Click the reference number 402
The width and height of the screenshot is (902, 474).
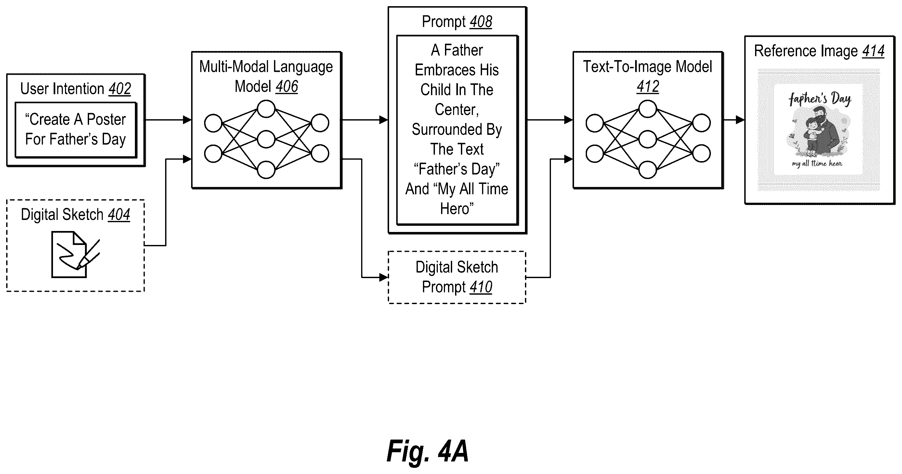point(120,89)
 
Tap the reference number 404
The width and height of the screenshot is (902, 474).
point(119,215)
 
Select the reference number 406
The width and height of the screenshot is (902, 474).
point(287,86)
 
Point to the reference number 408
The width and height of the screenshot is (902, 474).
point(481,22)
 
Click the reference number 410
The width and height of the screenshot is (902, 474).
point(481,287)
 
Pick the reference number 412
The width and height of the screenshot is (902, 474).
point(648,86)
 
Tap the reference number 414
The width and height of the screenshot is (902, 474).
point(873,51)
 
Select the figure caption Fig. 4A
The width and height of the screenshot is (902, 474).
point(427,452)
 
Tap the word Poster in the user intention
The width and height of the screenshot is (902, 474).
point(106,120)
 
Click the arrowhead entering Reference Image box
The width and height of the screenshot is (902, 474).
point(740,120)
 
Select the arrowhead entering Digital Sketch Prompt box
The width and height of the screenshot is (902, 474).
point(384,277)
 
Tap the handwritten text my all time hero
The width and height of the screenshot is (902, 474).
point(817,164)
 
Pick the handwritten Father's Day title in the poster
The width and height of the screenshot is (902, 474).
point(820,99)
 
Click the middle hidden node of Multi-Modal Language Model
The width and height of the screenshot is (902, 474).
point(266,139)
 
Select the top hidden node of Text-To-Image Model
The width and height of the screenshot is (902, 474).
point(648,109)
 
